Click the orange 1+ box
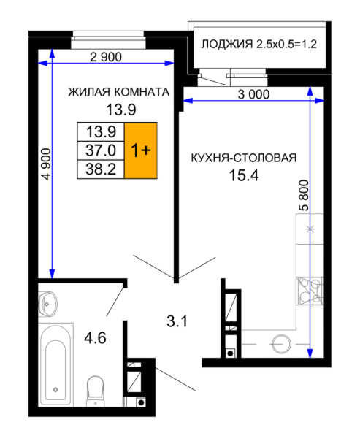pos(141,150)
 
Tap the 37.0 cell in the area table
pos(101,150)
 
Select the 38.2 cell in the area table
pos(101,169)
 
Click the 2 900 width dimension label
pos(106,57)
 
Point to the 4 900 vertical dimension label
pos(46,164)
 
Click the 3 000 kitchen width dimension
pos(253,95)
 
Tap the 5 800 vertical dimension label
pos(304,196)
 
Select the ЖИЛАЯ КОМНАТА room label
pos(119,92)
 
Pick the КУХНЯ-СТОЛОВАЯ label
pos(244,158)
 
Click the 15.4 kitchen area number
pos(244,175)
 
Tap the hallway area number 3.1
pos(177,321)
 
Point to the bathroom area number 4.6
pos(95,338)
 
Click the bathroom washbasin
pos(47,304)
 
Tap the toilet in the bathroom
pos(96,391)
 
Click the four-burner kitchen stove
pos(310,291)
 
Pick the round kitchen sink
pos(282,344)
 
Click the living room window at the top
pos(108,39)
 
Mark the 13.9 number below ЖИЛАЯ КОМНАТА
pos(121,110)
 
